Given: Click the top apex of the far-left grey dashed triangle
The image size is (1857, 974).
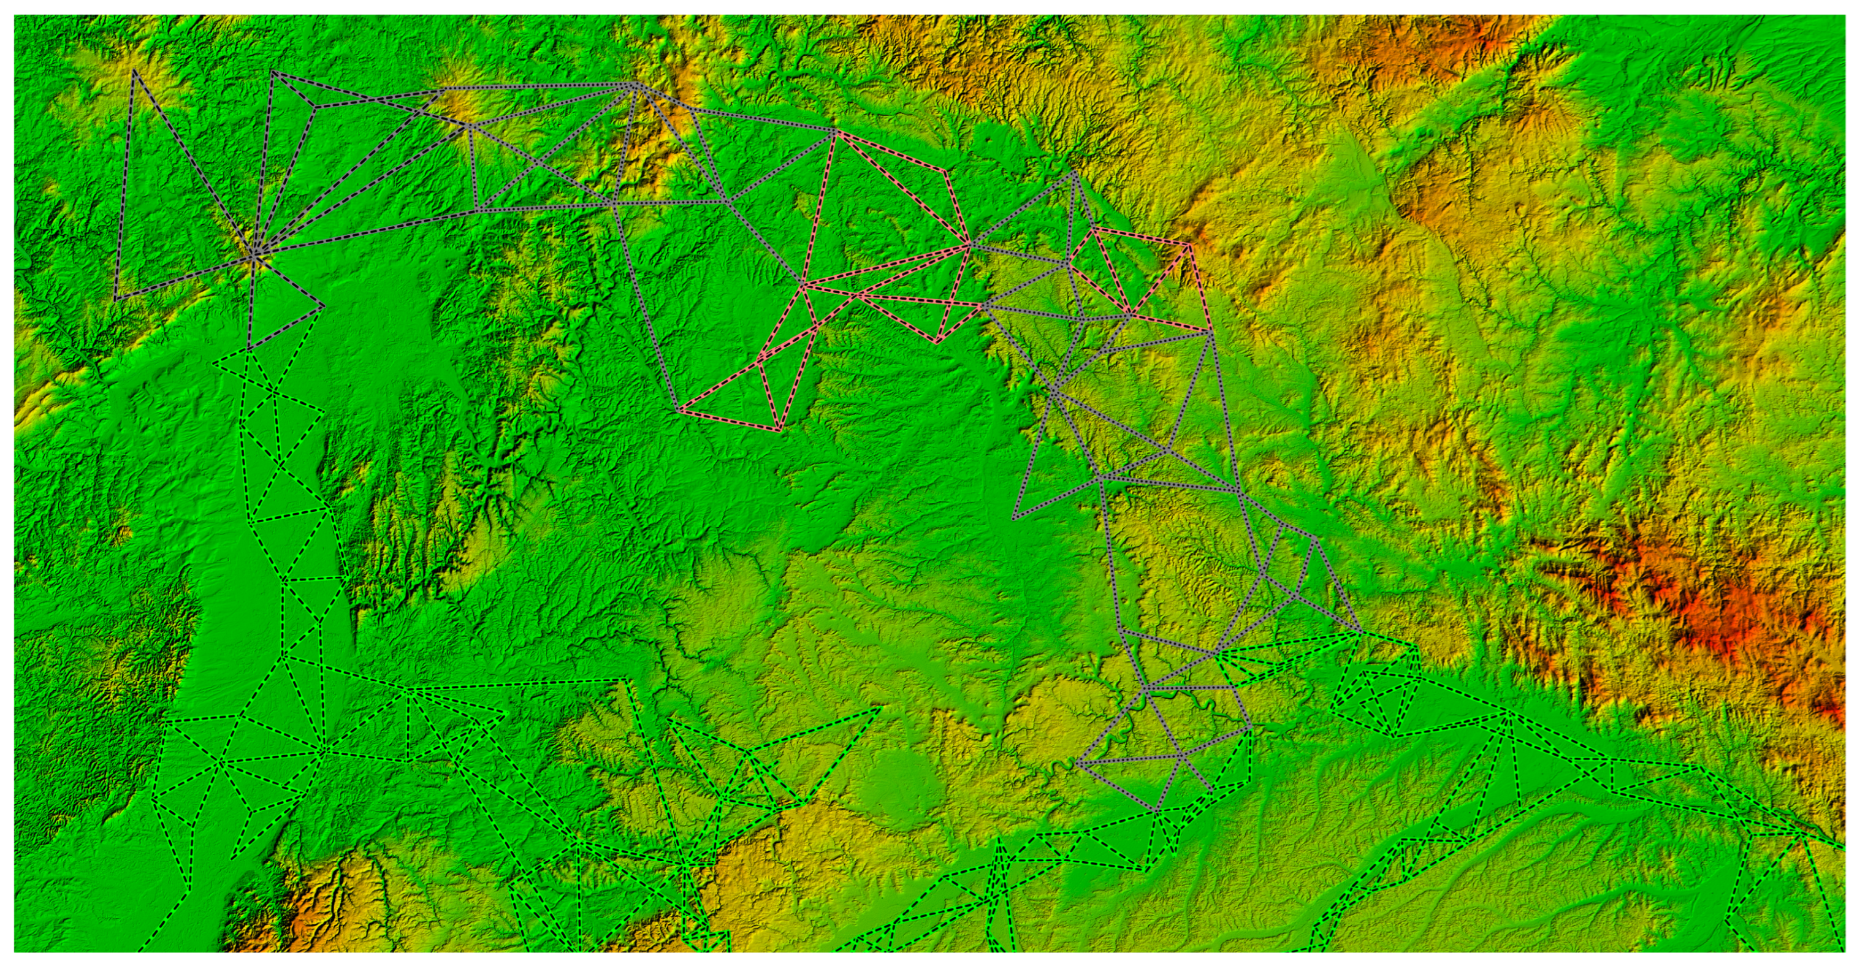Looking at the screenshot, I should point(134,70).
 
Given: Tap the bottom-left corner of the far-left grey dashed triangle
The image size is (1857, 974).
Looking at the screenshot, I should point(116,299).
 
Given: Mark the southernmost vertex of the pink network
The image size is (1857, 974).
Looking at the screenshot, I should point(779,431).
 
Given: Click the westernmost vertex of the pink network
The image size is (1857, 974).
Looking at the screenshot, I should point(677,411).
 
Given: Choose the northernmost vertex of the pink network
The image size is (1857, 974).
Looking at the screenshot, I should point(835,131).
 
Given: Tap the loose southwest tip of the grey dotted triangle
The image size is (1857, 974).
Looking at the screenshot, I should point(1013,519).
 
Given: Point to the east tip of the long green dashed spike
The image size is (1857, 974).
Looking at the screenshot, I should point(881,708).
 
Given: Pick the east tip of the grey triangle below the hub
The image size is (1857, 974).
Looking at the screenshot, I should point(322,307).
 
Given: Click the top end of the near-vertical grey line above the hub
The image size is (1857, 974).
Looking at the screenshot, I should point(272,71).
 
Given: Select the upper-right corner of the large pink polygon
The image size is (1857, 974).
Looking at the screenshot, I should point(944,172).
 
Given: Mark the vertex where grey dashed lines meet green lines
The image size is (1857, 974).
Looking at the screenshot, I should point(249,351).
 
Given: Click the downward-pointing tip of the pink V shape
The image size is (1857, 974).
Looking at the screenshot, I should point(937,342).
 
